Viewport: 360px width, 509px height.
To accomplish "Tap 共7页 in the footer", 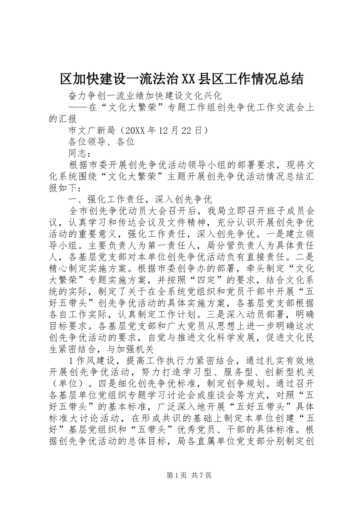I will (201, 475).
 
